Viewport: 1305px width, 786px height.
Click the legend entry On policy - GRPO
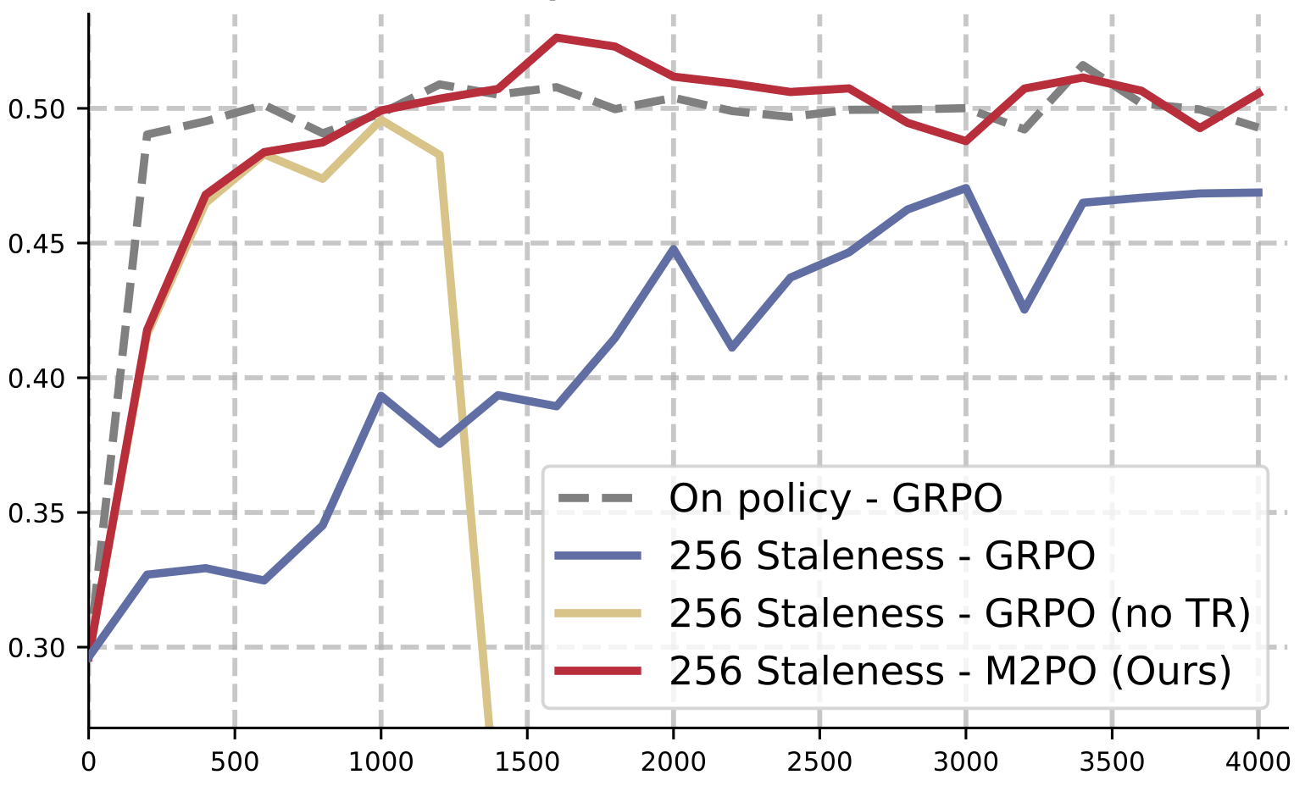835,498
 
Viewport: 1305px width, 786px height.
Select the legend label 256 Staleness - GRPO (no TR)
959,613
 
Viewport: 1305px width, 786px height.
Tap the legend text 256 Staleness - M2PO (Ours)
949,671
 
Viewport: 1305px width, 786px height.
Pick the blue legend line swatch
597,556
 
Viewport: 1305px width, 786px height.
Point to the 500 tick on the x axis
235,761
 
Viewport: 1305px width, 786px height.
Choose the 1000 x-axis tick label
380,761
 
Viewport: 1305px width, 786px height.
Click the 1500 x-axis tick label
527,761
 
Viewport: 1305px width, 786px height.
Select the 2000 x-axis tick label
673,761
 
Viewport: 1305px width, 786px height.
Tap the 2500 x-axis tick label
819,761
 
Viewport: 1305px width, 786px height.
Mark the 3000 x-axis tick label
965,761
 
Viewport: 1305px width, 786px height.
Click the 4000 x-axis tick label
1258,761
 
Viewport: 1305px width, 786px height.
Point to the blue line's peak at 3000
965,187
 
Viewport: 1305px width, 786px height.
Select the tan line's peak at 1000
380,120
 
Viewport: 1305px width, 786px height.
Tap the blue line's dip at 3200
1025,310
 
